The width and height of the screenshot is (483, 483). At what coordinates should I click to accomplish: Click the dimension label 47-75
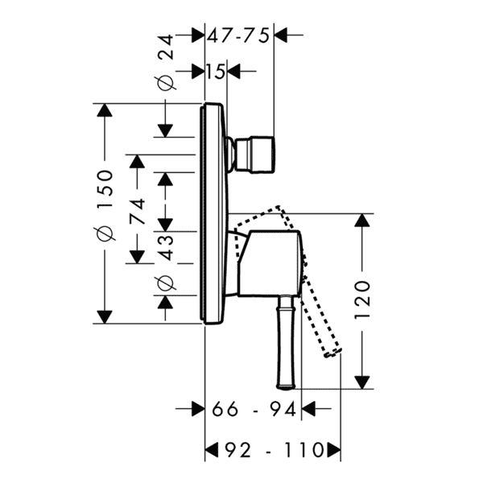click(238, 35)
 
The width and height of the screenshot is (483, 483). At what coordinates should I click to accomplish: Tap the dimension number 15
click(215, 72)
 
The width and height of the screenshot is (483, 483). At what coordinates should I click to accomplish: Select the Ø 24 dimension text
click(166, 63)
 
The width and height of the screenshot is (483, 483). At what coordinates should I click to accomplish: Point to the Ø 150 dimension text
click(105, 204)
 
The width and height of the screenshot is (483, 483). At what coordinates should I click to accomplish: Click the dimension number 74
click(137, 211)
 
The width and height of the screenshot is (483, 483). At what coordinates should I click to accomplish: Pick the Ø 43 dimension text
click(166, 262)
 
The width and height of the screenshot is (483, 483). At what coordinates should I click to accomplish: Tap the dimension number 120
click(362, 299)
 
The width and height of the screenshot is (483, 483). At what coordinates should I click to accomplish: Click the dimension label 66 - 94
click(254, 409)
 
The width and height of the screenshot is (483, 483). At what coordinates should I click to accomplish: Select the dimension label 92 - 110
click(273, 450)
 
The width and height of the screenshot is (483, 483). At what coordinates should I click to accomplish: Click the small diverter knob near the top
click(254, 154)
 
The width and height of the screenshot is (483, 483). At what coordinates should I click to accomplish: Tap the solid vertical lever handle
click(286, 342)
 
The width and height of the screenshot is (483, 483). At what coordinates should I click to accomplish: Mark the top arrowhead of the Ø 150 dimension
click(105, 110)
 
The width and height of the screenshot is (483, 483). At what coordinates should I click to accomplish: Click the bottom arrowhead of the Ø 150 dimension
click(105, 316)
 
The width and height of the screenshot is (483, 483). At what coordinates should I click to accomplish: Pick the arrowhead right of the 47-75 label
click(281, 35)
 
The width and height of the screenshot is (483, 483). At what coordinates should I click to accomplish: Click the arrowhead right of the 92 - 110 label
click(334, 450)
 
